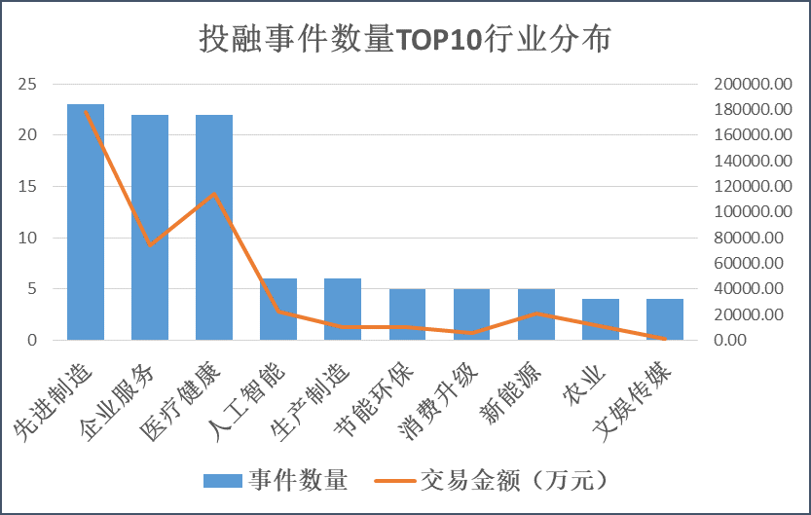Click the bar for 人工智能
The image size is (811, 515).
tap(278, 310)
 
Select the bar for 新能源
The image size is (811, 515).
tap(536, 314)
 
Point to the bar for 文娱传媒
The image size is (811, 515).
tap(665, 319)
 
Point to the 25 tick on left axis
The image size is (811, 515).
tap(28, 84)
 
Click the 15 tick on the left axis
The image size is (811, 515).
tap(28, 186)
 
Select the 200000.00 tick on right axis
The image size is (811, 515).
tap(751, 84)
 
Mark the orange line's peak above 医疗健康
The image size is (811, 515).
tap(214, 194)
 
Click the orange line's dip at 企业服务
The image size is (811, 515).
tap(150, 244)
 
